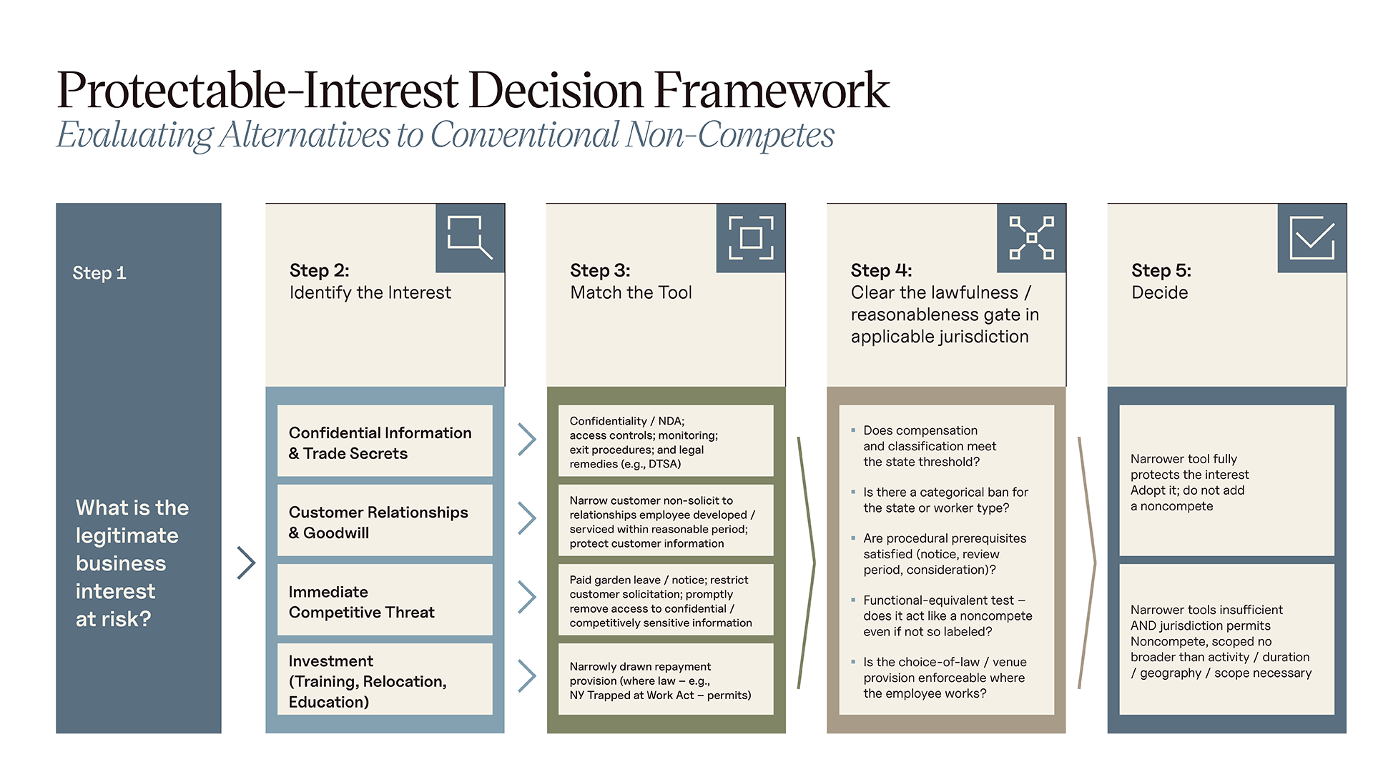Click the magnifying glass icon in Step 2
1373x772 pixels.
point(469,237)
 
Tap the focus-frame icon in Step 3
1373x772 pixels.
point(751,237)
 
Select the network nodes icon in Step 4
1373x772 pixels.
point(1031,237)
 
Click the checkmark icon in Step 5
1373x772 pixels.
point(1312,237)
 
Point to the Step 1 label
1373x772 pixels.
point(99,273)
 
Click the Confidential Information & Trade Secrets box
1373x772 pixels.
point(385,441)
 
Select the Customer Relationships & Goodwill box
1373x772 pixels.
point(385,520)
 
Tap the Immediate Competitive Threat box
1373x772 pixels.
point(385,600)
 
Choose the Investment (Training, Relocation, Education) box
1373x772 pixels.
point(385,679)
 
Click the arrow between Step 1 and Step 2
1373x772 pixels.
point(247,563)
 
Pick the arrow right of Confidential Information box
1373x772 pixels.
point(527,440)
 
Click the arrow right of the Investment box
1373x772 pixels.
point(527,675)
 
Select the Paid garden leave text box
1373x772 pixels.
point(666,600)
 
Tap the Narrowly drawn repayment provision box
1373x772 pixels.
point(666,679)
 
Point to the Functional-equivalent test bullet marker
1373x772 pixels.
point(853,600)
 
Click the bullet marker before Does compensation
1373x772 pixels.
point(853,430)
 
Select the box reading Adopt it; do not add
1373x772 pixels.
point(1227,480)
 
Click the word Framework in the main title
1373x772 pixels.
point(772,91)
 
